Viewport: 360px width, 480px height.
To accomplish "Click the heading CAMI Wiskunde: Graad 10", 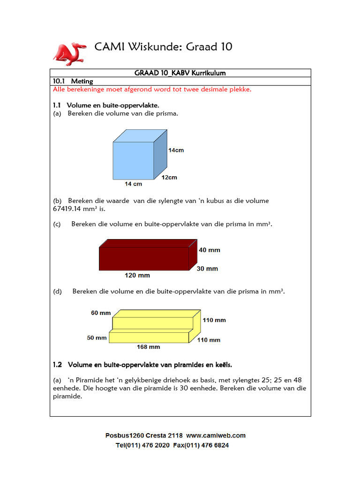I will pyautogui.click(x=163, y=47).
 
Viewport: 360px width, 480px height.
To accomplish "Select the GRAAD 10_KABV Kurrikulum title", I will pyautogui.click(x=180, y=73).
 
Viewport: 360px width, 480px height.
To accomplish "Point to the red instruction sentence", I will pyautogui.click(x=152, y=89).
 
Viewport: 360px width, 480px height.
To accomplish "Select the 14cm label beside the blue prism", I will pyautogui.click(x=176, y=150).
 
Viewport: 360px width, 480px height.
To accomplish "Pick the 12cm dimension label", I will pyautogui.click(x=169, y=178).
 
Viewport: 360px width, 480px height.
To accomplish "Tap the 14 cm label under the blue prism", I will pyautogui.click(x=133, y=184).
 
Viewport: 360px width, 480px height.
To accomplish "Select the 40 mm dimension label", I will pyautogui.click(x=209, y=250).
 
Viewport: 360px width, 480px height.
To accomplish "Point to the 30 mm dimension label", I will pyautogui.click(x=207, y=269).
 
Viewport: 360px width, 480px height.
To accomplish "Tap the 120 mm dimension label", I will pyautogui.click(x=137, y=275).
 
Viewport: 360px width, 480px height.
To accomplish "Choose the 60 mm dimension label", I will pyautogui.click(x=101, y=313).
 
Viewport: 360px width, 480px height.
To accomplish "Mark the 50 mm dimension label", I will pyautogui.click(x=97, y=337).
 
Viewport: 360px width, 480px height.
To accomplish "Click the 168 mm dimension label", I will pyautogui.click(x=148, y=347).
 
